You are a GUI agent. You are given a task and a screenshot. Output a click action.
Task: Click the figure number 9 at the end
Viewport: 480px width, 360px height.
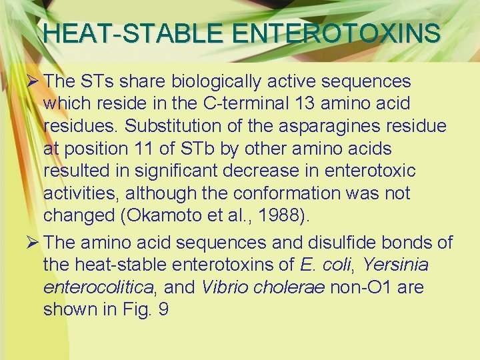click(x=163, y=310)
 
